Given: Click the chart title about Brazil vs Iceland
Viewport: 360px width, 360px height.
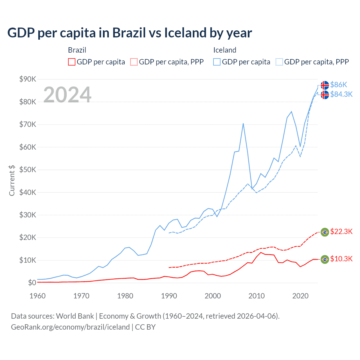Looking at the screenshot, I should (130, 33).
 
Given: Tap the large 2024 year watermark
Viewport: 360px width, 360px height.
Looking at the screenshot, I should (67, 95).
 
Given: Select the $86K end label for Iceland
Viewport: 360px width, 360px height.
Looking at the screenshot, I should (339, 85).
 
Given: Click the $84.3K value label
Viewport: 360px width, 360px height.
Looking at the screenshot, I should (341, 94).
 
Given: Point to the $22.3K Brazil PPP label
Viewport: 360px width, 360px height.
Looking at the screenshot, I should (341, 231).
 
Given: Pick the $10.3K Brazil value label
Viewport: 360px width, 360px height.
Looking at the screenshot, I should (341, 259).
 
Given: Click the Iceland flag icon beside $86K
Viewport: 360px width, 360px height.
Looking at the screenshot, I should (325, 85).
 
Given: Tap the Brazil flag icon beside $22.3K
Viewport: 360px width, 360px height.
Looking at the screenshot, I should (325, 232).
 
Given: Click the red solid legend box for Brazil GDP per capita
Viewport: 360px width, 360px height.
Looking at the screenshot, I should (72, 62).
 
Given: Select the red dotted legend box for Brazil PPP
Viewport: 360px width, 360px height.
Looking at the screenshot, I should (134, 62).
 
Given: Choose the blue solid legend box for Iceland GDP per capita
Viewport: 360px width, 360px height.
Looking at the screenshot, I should (217, 62).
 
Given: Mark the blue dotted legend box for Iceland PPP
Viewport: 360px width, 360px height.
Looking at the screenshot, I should (279, 62).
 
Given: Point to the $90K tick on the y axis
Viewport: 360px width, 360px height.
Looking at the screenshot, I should (28, 79).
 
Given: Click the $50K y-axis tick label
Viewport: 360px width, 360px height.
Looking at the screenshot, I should (28, 170).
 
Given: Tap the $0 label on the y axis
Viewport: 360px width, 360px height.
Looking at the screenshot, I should (32, 283).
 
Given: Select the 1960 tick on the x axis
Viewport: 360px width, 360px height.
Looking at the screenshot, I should (37, 296).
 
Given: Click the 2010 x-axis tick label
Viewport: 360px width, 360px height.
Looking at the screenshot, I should (256, 296).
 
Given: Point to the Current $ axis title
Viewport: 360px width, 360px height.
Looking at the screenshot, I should (12, 180).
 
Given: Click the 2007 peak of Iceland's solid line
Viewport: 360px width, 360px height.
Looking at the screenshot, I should (243, 123).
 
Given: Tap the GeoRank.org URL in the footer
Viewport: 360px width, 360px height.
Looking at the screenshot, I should (70, 327).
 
